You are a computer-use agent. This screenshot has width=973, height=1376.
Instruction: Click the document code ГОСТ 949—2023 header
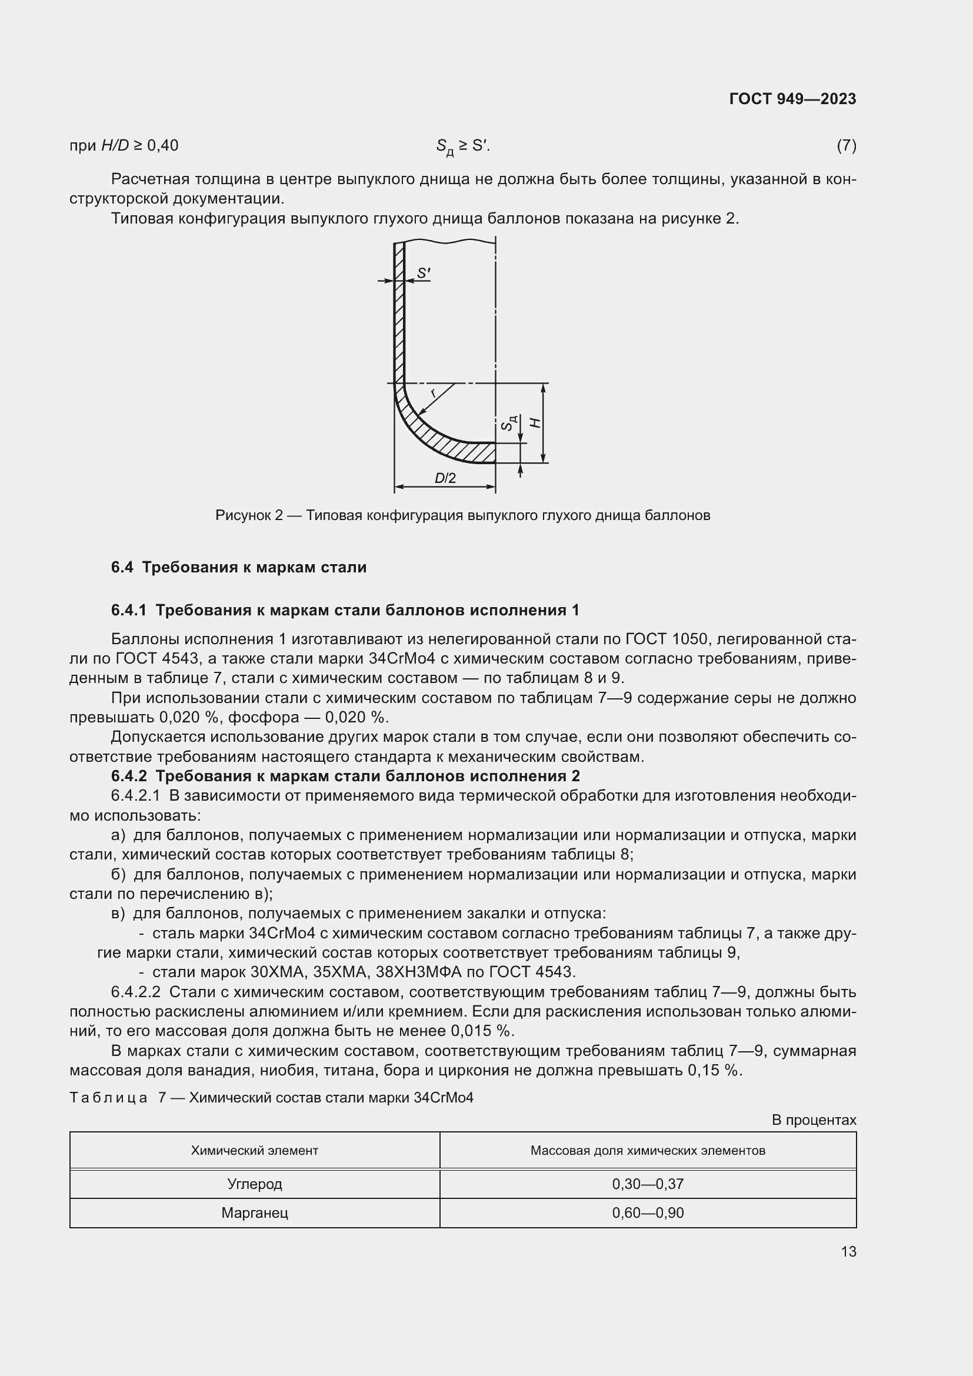(x=792, y=99)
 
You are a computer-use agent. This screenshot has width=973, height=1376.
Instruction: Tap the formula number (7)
(x=846, y=146)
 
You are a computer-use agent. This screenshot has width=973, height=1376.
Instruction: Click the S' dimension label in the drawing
(x=424, y=274)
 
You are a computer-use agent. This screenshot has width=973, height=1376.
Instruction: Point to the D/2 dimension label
(x=445, y=478)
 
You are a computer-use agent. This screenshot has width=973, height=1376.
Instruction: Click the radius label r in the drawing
(x=433, y=393)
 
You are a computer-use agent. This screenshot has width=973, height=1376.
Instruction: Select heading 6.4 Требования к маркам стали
(x=238, y=567)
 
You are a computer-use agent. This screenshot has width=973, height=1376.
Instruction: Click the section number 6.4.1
(x=128, y=610)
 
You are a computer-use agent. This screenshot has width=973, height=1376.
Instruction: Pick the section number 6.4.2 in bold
(x=128, y=776)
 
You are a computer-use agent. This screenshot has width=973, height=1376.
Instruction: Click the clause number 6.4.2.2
(x=135, y=992)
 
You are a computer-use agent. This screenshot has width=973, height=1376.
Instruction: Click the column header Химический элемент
(x=254, y=1150)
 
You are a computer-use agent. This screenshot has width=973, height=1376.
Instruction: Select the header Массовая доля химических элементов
(x=647, y=1150)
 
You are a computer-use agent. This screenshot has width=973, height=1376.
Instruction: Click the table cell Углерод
(x=254, y=1184)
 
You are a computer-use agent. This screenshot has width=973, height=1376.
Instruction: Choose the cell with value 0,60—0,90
(x=647, y=1213)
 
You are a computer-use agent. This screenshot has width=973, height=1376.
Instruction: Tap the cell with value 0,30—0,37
(x=647, y=1184)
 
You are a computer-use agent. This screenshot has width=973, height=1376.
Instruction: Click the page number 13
(x=848, y=1251)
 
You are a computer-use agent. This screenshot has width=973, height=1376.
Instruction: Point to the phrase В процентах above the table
(x=813, y=1120)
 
